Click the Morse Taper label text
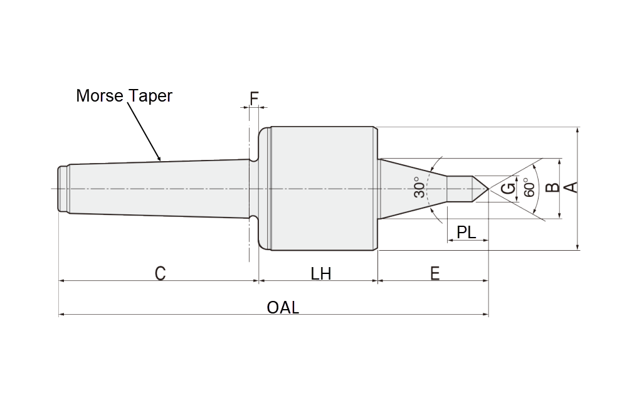pyautogui.click(x=124, y=96)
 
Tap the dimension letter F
pyautogui.click(x=254, y=98)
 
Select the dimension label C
pyautogui.click(x=161, y=273)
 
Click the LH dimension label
pyautogui.click(x=320, y=273)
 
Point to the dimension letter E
pyautogui.click(x=435, y=273)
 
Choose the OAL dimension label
pyautogui.click(x=283, y=308)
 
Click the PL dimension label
pyautogui.click(x=466, y=232)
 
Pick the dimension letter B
pyautogui.click(x=551, y=188)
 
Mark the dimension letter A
pyautogui.click(x=571, y=188)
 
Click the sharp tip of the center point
pyautogui.click(x=488, y=189)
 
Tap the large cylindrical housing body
pyautogui.click(x=323, y=188)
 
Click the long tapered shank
pyautogui.click(x=157, y=188)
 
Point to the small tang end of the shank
pyautogui.click(x=63, y=188)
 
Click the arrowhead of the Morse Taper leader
pyautogui.click(x=161, y=160)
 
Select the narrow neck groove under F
pyautogui.click(x=254, y=188)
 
